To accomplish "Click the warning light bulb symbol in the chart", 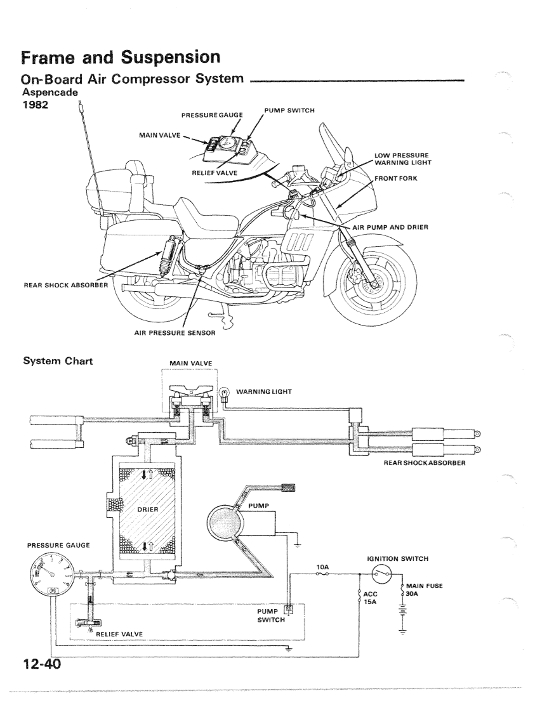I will click(x=223, y=393).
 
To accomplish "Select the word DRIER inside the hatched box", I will click(x=147, y=509).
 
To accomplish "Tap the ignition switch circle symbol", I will click(x=382, y=577).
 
